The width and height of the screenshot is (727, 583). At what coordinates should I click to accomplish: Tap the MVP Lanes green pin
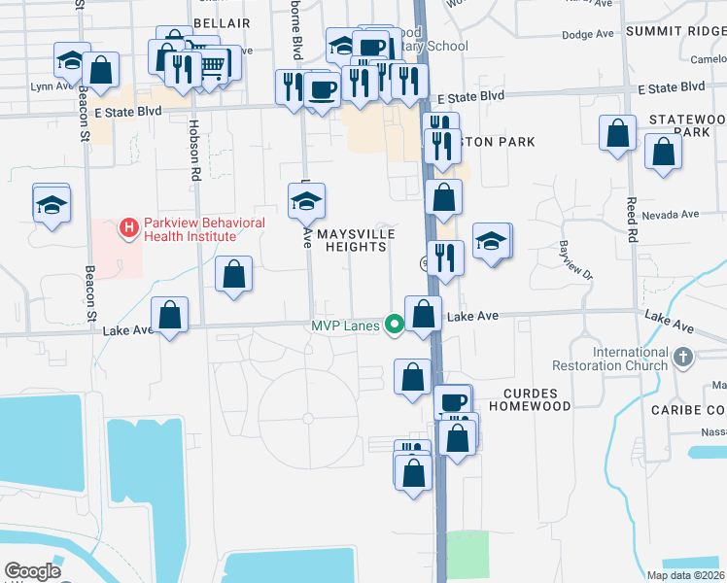pos(394,326)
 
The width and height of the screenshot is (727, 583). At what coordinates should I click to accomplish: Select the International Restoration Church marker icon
pos(683,358)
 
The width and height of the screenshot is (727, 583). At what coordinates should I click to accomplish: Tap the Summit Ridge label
pos(675,32)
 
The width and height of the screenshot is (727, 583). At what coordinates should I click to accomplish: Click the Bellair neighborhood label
pos(222,22)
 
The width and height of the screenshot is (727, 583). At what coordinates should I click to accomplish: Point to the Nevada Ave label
pos(675,214)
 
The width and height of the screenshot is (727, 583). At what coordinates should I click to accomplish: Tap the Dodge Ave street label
pos(588,34)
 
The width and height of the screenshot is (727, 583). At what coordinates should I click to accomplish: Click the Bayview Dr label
pos(574,257)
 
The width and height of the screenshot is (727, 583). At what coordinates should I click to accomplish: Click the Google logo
pos(32,571)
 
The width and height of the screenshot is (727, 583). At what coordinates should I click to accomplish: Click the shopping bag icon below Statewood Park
pos(663,153)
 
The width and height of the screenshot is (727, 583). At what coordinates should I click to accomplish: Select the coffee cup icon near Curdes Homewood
pos(451,400)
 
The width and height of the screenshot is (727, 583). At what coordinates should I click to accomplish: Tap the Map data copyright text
pos(686,575)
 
